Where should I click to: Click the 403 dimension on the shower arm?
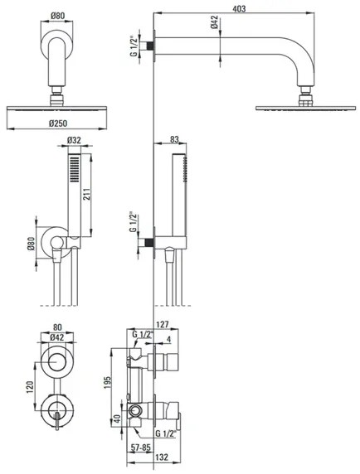pyautogui.click(x=239, y=9)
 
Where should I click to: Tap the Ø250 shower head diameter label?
pyautogui.click(x=58, y=123)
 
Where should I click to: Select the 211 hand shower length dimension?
pyautogui.click(x=86, y=195)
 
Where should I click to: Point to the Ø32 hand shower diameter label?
pyautogui.click(x=74, y=140)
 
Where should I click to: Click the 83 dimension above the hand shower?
pyautogui.click(x=174, y=139)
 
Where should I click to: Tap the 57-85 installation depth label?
pyautogui.click(x=140, y=447)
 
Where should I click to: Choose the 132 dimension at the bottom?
pyautogui.click(x=162, y=457)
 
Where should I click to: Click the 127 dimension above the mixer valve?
pyautogui.click(x=163, y=325)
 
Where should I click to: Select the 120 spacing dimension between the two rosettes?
pyautogui.click(x=30, y=388)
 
